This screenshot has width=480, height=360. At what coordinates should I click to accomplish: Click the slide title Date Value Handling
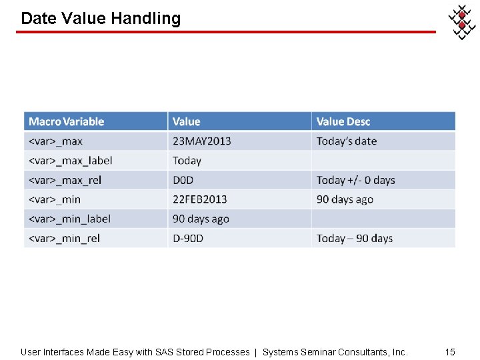[x=101, y=18]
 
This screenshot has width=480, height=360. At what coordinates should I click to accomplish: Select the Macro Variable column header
[x=67, y=121]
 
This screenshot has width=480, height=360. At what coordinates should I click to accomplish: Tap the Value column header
[x=186, y=121]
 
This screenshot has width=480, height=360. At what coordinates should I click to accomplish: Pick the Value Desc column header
[x=343, y=121]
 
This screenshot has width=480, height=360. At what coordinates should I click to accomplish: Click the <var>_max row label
[x=55, y=141]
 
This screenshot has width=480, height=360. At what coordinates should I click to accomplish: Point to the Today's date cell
[x=347, y=141]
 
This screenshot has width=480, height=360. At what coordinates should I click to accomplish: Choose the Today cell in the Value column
[x=187, y=161]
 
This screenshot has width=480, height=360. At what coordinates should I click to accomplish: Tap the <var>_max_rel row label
[x=65, y=180]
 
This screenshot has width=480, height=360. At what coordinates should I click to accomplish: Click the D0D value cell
[x=183, y=180]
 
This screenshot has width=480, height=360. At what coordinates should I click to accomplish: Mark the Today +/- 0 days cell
[x=355, y=180]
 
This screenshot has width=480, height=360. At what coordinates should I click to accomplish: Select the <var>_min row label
[x=55, y=199]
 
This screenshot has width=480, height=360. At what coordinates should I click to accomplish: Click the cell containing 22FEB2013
[x=199, y=199]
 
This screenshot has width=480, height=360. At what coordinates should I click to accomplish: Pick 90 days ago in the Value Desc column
[x=345, y=199]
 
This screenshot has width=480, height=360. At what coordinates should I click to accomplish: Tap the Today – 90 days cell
[x=355, y=238]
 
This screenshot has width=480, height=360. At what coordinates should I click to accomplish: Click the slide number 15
[x=450, y=351]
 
